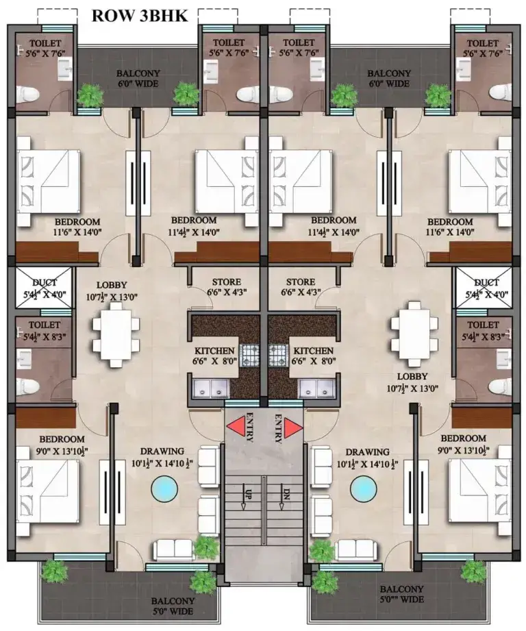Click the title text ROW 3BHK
139,15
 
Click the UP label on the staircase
245,493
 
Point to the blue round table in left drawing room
163,488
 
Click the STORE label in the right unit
301,282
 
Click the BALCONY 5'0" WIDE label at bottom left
172,606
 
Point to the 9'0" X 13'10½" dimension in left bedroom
62,450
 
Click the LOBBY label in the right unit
412,376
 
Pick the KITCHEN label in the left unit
215,350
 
